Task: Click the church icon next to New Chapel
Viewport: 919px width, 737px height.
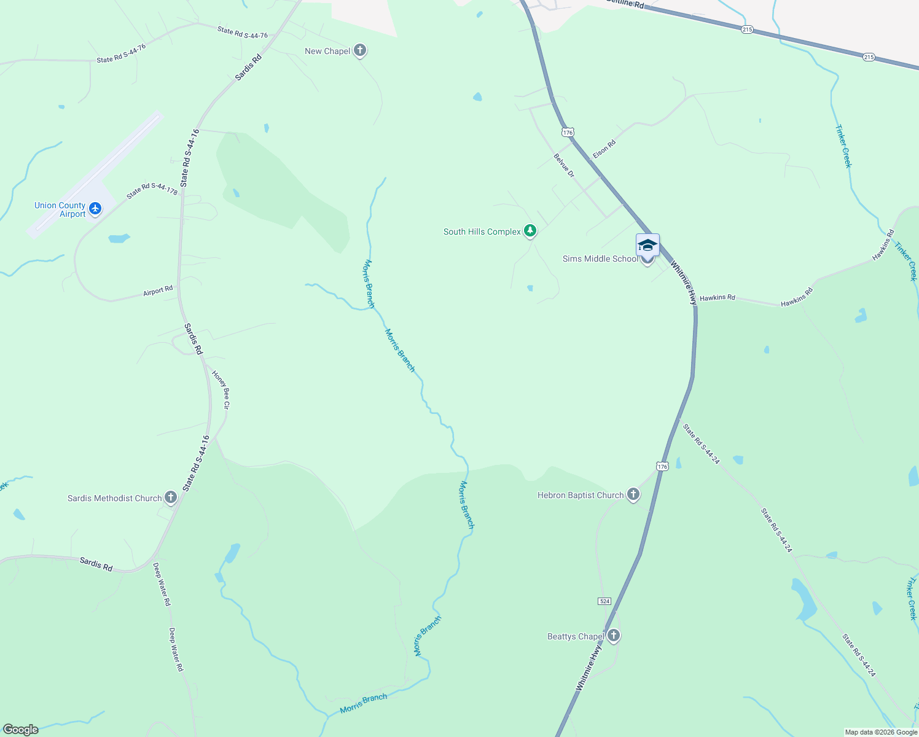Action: click(360, 50)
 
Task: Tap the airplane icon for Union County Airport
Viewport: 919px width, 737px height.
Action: click(95, 209)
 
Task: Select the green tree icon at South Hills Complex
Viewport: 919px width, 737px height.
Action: click(530, 231)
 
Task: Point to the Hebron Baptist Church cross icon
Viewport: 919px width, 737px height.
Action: click(633, 494)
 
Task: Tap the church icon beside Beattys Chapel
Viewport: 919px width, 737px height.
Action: click(613, 636)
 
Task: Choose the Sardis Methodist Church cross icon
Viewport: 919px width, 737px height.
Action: click(171, 497)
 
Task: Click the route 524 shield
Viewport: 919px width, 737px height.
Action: click(604, 601)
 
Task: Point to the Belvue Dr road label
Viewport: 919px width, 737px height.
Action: click(564, 166)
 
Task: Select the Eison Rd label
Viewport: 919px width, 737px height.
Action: click(604, 149)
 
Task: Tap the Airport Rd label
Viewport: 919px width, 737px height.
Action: click(158, 291)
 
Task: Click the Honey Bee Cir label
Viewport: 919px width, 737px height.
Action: click(221, 389)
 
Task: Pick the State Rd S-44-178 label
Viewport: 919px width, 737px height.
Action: click(152, 190)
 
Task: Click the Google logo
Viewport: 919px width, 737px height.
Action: click(20, 730)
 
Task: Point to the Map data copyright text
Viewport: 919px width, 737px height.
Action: click(880, 732)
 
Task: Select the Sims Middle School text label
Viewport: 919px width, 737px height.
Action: click(600, 259)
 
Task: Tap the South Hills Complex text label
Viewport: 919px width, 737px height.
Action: click(482, 232)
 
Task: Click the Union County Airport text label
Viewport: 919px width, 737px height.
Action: click(60, 209)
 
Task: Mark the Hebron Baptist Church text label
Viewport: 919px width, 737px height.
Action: click(581, 495)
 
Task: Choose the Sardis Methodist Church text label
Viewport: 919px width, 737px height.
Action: click(114, 498)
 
